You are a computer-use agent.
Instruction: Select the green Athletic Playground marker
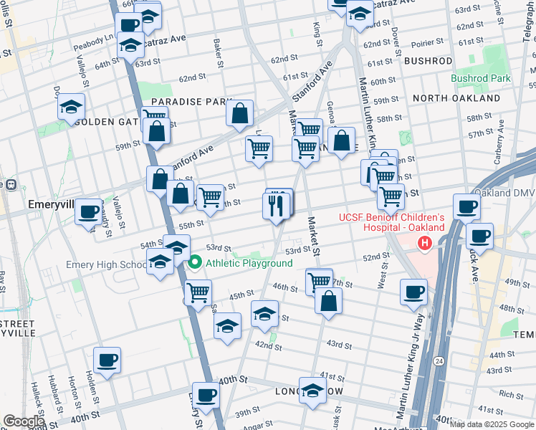pyautogui.click(x=194, y=263)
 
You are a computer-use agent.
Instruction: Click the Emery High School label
pyautogui.click(x=106, y=264)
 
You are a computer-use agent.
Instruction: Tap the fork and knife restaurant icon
pyautogui.click(x=276, y=206)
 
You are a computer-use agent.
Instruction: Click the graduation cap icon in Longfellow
pyautogui.click(x=312, y=391)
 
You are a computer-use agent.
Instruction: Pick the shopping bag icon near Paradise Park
pyautogui.click(x=240, y=113)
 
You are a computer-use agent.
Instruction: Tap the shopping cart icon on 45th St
pyautogui.click(x=198, y=292)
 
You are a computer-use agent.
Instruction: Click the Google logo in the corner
pyautogui.click(x=24, y=421)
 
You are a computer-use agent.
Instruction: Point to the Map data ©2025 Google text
pyautogui.click(x=492, y=424)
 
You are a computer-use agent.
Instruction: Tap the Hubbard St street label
pyautogui.click(x=54, y=387)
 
